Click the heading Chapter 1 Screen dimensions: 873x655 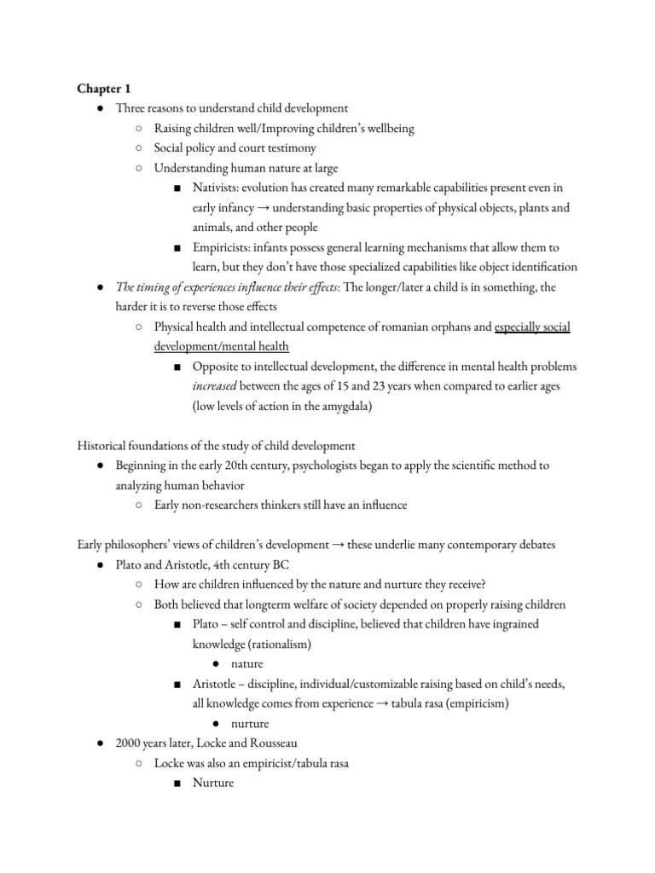point(105,88)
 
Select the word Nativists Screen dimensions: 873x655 point(217,187)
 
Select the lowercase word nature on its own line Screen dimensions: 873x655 point(247,663)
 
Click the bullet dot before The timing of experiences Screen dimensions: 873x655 point(100,288)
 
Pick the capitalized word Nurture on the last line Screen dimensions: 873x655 point(213,783)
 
